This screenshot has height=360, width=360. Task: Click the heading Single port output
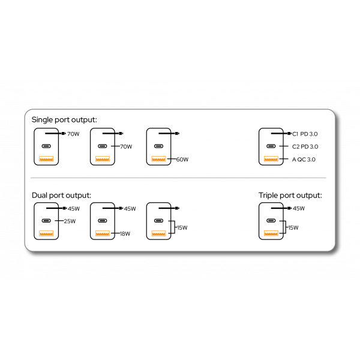[x=64, y=120]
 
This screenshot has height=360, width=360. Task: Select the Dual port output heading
[x=62, y=196]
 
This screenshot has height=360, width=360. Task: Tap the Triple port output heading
[x=290, y=196]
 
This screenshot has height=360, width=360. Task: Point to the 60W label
[x=182, y=160]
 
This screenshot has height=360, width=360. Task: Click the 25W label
[x=70, y=221]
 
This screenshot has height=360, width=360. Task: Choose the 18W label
[x=125, y=234]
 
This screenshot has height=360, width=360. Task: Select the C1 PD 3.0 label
[x=305, y=134]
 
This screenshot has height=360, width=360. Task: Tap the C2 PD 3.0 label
[x=305, y=146]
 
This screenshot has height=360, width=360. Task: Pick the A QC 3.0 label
[x=304, y=160]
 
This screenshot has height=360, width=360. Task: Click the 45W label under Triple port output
[x=299, y=208]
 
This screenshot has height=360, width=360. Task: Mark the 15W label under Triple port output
[x=293, y=227]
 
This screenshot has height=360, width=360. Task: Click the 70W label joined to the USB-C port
[x=126, y=146]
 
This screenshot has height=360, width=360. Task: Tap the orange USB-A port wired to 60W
[x=158, y=159]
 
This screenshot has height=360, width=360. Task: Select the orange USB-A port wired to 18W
[x=103, y=233]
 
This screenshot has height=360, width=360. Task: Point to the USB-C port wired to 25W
[x=46, y=221]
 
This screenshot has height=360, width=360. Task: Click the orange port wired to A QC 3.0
[x=271, y=159]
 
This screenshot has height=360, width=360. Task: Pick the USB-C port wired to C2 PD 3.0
[x=271, y=146]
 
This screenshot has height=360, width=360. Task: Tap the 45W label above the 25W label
[x=74, y=208]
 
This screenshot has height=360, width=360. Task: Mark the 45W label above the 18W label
[x=130, y=208]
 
